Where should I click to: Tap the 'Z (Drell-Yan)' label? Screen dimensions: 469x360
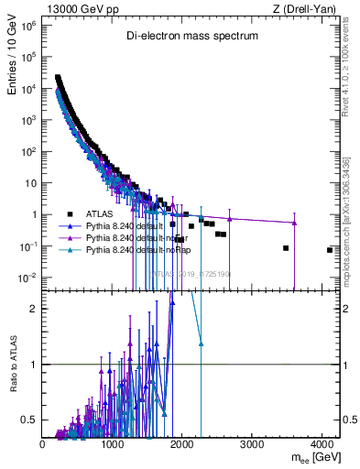coord(305,9)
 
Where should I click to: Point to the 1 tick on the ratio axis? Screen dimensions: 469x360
coord(37,365)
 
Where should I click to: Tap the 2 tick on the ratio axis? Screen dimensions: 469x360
coord(37,308)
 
